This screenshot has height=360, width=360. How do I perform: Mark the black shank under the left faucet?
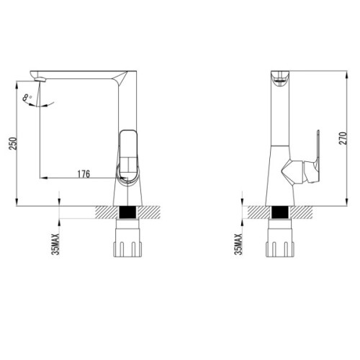pyautogui.click(x=130, y=213)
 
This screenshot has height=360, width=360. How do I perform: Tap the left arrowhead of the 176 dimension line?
pyautogui.click(x=41, y=177)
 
